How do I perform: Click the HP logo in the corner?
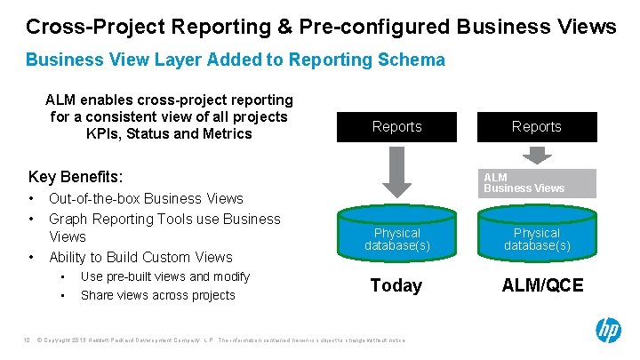[x=609, y=331]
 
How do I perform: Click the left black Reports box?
[x=396, y=126]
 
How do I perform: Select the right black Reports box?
[x=536, y=126]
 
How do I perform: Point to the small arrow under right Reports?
[x=536, y=155]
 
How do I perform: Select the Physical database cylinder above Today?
[x=396, y=238]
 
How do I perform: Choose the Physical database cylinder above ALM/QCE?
[x=536, y=238]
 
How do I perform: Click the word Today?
[x=396, y=285]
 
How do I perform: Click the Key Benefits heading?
[x=76, y=176]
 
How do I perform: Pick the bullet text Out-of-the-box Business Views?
[x=146, y=198]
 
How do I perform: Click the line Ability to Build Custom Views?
[x=140, y=257]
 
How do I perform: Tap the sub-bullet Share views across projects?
[x=157, y=295]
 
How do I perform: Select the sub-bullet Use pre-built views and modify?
[x=164, y=276]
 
